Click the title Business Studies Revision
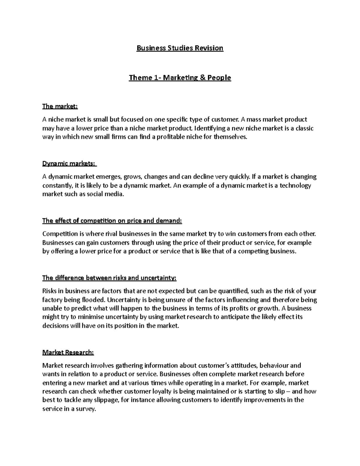point(180,48)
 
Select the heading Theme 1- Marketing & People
point(180,78)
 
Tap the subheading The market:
point(60,106)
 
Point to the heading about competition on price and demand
point(112,221)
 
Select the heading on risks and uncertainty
point(109,278)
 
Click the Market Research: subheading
point(68,353)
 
